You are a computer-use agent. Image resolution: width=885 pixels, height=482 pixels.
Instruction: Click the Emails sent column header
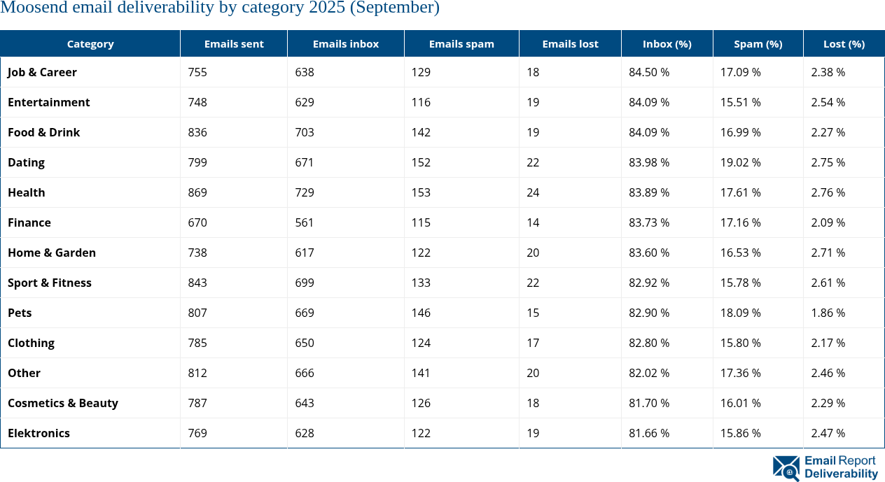point(234,43)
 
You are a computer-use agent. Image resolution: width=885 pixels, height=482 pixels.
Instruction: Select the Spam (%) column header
point(758,43)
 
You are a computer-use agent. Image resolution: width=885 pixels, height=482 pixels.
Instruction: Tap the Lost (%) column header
point(844,43)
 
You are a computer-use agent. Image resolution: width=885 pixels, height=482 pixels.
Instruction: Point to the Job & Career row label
point(42,72)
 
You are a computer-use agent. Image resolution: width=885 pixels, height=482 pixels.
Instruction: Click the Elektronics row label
point(39,433)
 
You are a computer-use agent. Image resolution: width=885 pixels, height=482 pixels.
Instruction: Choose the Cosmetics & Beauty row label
point(63,403)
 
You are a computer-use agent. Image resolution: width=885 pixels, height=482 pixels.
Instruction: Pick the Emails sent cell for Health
point(197,192)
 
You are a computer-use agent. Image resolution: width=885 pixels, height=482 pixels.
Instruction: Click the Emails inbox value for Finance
point(305,222)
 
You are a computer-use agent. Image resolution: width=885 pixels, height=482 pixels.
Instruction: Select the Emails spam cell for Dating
point(421,162)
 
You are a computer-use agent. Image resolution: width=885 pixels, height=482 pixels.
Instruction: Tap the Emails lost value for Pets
point(533,313)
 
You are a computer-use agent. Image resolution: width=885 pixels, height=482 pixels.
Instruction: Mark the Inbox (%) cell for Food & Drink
point(649,132)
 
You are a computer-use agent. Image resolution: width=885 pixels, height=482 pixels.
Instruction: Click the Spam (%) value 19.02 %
point(741,162)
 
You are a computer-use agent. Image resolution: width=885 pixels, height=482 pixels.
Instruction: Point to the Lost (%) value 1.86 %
point(828,313)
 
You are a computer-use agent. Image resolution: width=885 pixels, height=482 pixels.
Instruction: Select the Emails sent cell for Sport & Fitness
point(197,283)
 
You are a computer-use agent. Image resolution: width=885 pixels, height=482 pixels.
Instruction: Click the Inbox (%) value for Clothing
point(649,343)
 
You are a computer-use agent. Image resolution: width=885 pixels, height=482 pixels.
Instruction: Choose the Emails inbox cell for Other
point(305,373)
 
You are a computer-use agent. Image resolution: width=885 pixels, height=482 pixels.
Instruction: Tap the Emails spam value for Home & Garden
point(421,253)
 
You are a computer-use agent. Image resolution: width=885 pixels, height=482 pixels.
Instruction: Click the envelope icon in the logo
point(786,467)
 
